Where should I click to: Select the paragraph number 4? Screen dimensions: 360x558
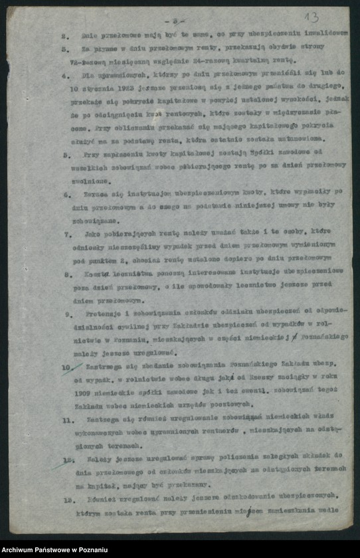pos(66,76)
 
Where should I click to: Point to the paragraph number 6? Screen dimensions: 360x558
pos(68,195)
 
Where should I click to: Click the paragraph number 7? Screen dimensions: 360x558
pos(68,234)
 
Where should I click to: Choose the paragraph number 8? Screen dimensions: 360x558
pos(68,273)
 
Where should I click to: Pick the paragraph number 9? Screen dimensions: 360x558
pos(68,312)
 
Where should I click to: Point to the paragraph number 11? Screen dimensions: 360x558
pos(67,420)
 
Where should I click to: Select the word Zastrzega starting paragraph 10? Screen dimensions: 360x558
pos(103,365)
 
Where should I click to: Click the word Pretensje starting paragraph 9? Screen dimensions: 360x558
pos(103,312)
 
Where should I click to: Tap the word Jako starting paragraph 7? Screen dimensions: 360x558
pos(92,234)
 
